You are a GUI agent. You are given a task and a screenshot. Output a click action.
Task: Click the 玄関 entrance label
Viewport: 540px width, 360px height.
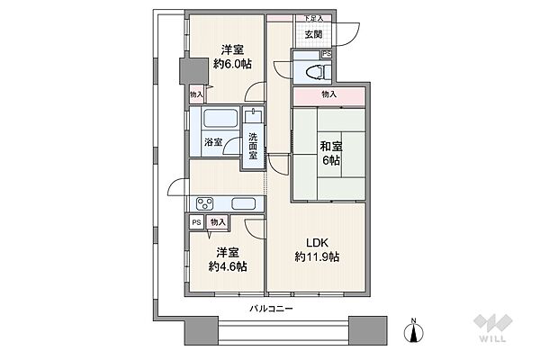(x=313, y=34)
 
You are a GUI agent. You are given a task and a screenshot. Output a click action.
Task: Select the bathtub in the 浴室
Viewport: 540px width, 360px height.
(x=220, y=118)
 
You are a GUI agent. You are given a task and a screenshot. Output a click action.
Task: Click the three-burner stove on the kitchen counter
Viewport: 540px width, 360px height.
(x=205, y=203)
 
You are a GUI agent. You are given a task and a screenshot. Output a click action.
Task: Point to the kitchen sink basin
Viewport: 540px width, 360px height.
(x=244, y=203)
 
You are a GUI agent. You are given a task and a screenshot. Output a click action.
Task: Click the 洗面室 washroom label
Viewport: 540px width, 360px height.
(x=253, y=146)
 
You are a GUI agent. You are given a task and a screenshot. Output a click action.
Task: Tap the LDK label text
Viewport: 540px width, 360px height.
(x=317, y=243)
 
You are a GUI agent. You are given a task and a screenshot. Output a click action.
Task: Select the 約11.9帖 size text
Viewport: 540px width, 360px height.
(x=317, y=256)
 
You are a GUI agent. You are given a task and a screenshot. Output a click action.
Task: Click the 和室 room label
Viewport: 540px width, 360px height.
(x=331, y=147)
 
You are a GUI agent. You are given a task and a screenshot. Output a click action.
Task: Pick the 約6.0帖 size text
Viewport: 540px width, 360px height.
(x=232, y=64)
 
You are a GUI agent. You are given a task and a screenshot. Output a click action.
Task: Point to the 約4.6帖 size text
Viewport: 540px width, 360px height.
(x=228, y=266)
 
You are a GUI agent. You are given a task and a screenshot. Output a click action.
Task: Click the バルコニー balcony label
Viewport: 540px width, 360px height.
(x=271, y=309)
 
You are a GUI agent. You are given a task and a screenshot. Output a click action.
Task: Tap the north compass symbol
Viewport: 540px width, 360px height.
(x=414, y=331)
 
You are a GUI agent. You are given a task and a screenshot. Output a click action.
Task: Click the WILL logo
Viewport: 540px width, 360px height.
(x=493, y=328)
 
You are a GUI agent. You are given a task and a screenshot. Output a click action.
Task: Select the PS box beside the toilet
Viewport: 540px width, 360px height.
(x=327, y=54)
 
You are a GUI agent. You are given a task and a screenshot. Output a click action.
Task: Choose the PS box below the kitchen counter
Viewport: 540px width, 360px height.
(x=196, y=222)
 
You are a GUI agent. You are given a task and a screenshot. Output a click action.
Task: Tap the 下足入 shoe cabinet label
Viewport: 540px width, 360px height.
(x=313, y=18)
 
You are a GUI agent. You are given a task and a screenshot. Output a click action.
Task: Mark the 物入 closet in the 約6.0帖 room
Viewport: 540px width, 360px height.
(x=196, y=94)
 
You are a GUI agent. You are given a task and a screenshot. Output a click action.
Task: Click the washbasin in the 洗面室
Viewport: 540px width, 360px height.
(x=253, y=115)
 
